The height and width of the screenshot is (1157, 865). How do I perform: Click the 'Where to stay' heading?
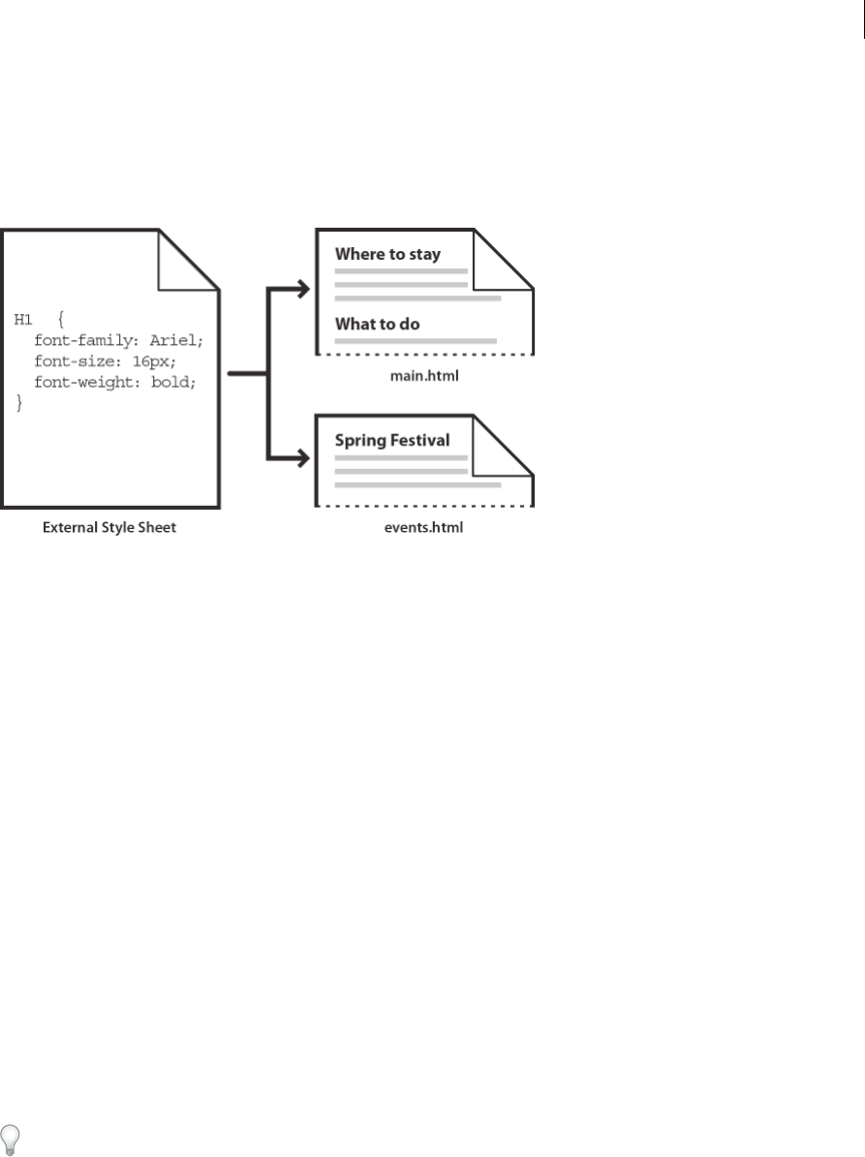tap(387, 255)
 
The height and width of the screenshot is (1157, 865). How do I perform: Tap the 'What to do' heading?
tap(377, 324)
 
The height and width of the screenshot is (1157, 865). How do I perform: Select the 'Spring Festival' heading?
tap(391, 440)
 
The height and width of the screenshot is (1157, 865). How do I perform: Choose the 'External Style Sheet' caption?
tap(109, 529)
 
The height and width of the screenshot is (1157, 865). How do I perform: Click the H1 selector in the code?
tap(23, 319)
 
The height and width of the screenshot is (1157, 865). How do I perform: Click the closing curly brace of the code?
tap(18, 403)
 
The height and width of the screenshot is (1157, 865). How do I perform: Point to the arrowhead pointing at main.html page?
tap(302, 288)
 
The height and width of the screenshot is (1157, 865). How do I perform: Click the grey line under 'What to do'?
tap(416, 341)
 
